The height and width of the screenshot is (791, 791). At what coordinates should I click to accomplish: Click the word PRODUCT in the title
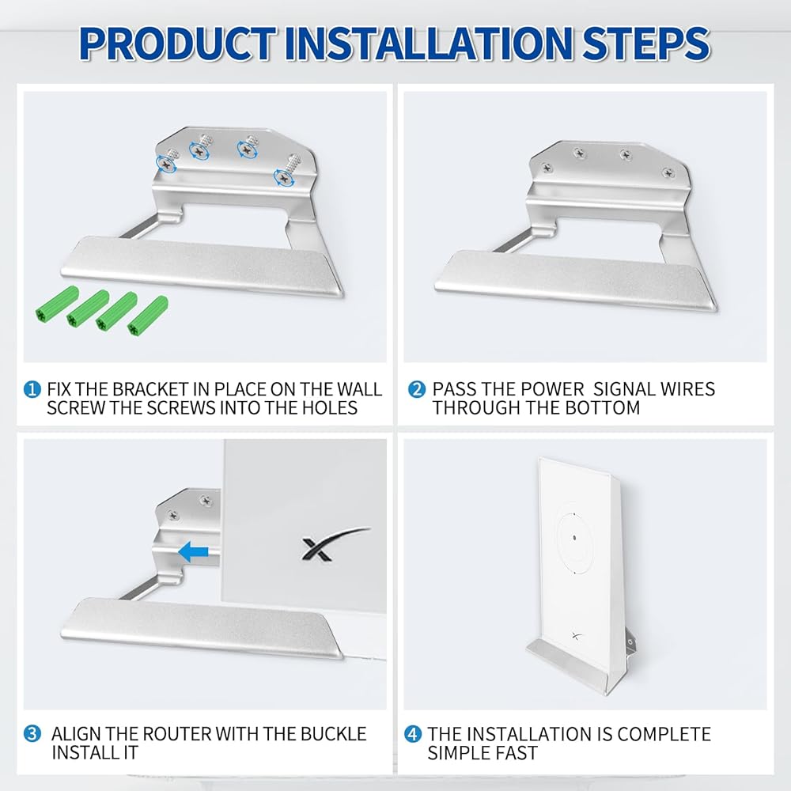178,44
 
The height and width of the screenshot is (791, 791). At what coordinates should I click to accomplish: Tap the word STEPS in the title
646,44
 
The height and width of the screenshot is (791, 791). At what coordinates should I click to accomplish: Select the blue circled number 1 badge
32,389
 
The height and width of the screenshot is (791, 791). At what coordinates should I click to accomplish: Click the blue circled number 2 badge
417,389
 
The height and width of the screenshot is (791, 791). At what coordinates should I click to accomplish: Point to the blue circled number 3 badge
32,734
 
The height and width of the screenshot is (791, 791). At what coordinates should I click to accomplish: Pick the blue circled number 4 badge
413,734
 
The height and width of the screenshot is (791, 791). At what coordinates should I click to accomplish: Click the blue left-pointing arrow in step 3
193,552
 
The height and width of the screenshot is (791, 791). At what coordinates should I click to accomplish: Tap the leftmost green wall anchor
57,304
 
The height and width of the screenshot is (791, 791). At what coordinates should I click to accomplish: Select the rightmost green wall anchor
147,316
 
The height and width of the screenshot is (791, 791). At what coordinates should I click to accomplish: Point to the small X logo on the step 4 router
577,636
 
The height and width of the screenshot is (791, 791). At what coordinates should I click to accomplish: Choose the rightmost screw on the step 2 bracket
668,173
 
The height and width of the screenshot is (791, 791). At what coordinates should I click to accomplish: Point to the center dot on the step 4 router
574,538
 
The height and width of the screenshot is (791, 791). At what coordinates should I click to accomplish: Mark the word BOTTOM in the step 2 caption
602,407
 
